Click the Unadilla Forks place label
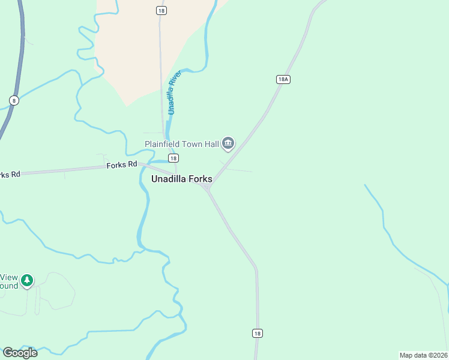[x=181, y=179]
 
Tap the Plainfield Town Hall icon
[x=228, y=143]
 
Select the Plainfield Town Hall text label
[x=181, y=144]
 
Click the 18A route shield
[x=284, y=79]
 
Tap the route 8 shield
[x=13, y=100]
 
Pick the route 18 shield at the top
[x=160, y=11]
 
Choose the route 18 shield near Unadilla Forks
[x=173, y=158]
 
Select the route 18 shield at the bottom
[x=258, y=333]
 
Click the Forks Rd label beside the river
[x=122, y=164]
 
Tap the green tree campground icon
[x=26, y=280]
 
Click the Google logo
[x=20, y=353]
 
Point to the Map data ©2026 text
[x=423, y=355]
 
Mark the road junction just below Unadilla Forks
[x=208, y=189]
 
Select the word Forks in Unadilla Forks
[x=199, y=179]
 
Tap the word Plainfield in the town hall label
[x=163, y=144]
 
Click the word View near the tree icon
[x=8, y=277]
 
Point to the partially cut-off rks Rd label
[x=10, y=174]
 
